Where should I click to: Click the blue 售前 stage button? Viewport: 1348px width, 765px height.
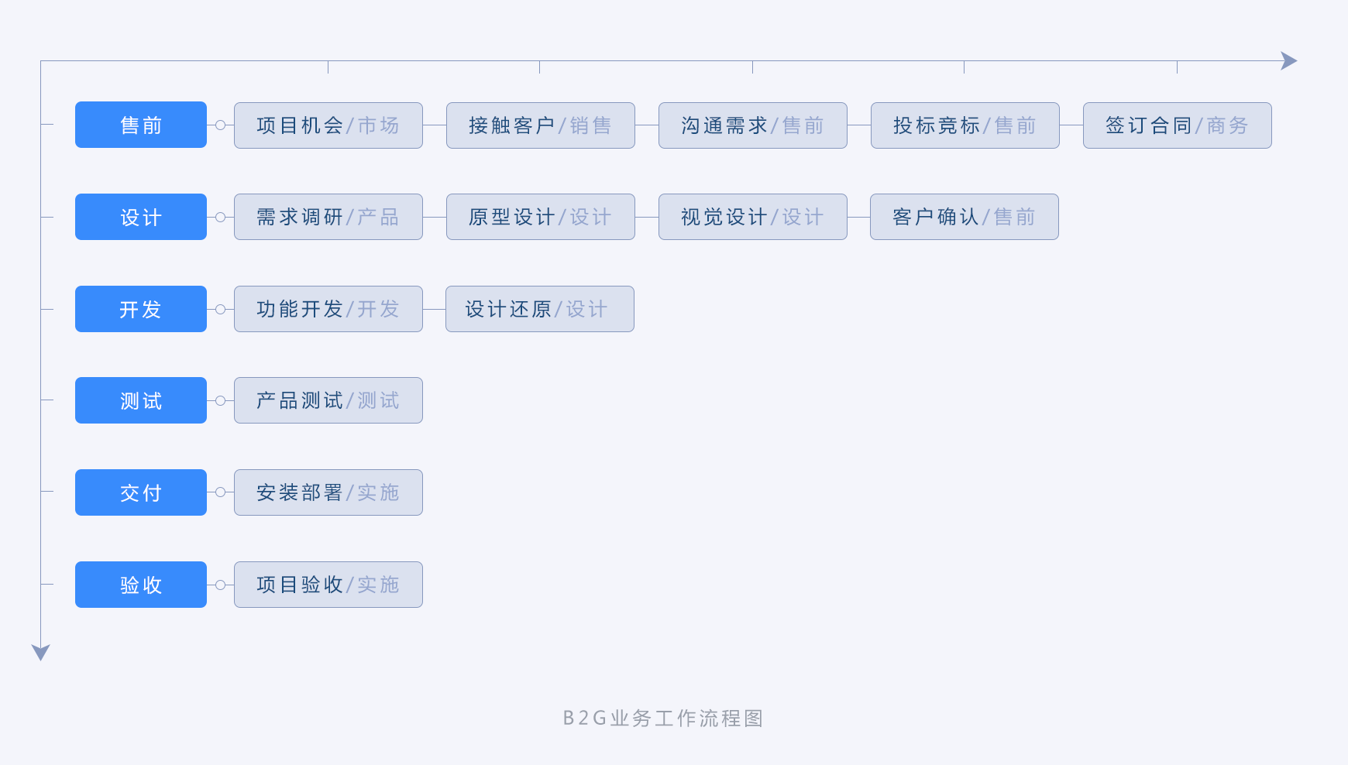[x=141, y=125]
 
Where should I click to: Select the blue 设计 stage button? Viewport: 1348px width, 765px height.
[x=141, y=217]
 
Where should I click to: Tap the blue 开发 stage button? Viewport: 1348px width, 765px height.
[x=141, y=309]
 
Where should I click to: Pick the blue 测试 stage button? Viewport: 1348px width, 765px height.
[x=141, y=400]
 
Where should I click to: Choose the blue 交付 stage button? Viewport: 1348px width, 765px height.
[x=141, y=492]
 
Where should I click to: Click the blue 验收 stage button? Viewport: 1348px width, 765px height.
[x=141, y=585]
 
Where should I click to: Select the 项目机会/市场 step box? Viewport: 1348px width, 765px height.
[x=328, y=125]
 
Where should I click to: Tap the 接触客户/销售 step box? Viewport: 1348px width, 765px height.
[x=541, y=125]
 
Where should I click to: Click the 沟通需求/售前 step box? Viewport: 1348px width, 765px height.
[x=753, y=125]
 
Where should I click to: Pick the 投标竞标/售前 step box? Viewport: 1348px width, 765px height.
[x=965, y=125]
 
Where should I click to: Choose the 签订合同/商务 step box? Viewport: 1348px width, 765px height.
[x=1178, y=125]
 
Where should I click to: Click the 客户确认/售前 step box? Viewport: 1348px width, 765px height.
[x=965, y=217]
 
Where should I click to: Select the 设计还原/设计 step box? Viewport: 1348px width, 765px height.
[x=540, y=309]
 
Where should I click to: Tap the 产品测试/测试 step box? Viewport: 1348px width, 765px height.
[x=328, y=400]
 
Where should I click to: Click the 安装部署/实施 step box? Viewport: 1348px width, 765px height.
[x=328, y=492]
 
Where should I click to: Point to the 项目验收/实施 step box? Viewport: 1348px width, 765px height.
[x=328, y=585]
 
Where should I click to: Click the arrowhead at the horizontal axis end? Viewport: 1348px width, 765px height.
[x=1289, y=61]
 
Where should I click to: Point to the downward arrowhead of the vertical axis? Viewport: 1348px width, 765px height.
[x=40, y=653]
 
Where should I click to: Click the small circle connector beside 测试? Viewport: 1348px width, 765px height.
[x=221, y=401]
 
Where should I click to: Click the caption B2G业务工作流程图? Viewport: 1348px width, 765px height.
[x=663, y=719]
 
